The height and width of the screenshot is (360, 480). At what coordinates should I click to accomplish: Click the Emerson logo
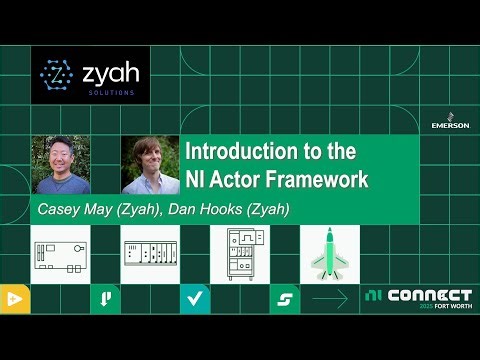pyautogui.click(x=450, y=118)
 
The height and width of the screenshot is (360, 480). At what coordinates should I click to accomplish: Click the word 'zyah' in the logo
pyautogui.click(x=112, y=73)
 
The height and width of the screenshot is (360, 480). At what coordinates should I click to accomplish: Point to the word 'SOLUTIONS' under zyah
pyautogui.click(x=112, y=93)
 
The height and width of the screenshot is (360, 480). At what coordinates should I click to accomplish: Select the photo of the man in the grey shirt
pyautogui.click(x=61, y=165)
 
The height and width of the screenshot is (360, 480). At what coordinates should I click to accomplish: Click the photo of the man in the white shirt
pyautogui.click(x=150, y=165)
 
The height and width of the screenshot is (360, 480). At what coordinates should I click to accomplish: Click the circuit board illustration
pyautogui.click(x=60, y=254)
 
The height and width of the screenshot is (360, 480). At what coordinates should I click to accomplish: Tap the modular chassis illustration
pyautogui.click(x=150, y=254)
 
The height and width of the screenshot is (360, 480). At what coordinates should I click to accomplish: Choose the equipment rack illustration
pyautogui.click(x=240, y=254)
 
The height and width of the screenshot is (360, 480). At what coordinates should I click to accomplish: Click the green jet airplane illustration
pyautogui.click(x=329, y=254)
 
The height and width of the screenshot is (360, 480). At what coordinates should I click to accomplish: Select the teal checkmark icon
pyautogui.click(x=195, y=297)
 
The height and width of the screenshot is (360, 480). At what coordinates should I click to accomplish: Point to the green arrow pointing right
pyautogui.click(x=329, y=298)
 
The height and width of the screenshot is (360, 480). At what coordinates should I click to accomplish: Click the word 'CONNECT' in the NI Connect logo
pyautogui.click(x=429, y=295)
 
